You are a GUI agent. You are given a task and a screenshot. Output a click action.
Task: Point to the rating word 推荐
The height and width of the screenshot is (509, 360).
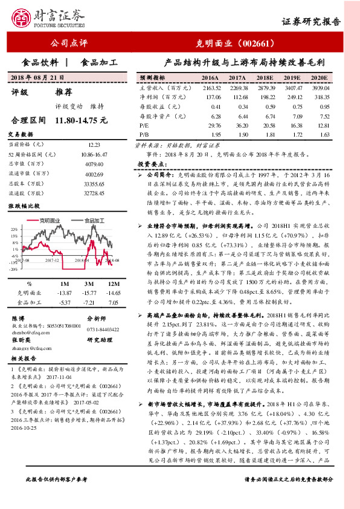click(x=64, y=92)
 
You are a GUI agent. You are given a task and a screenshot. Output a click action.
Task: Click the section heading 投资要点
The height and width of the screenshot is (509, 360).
click(x=148, y=164)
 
